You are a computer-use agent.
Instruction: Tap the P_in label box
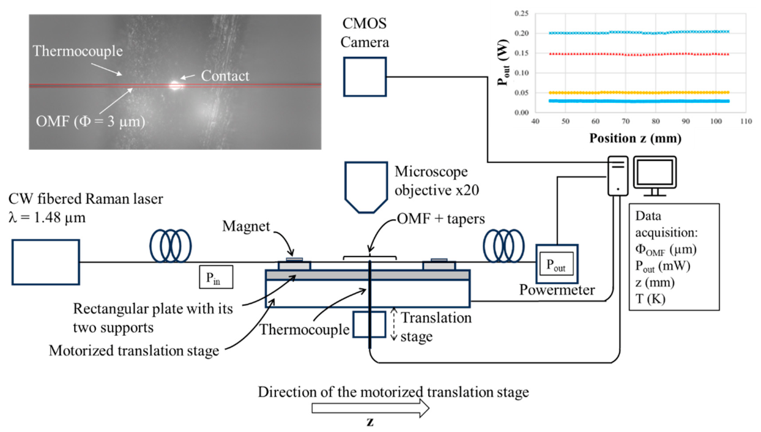pos(216,277)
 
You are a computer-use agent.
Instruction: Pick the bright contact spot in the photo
pos(176,84)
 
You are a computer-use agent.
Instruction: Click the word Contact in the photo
pos(225,76)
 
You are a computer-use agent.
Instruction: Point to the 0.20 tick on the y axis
pos(522,33)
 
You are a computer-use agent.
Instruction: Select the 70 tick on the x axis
pos(626,121)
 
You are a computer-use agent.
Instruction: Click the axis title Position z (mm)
pos(636,138)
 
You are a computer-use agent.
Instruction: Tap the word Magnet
pos(246,226)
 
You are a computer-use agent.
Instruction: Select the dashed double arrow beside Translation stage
pos(394,324)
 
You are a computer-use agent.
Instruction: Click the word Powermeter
pos(557,290)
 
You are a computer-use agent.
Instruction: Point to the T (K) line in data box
pos(650,299)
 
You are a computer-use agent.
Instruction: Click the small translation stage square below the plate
pos(354,324)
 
